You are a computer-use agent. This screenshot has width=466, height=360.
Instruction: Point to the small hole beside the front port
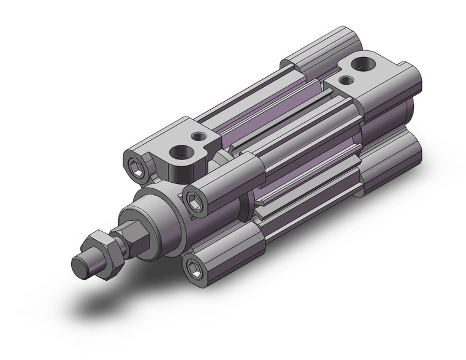click(198, 137)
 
